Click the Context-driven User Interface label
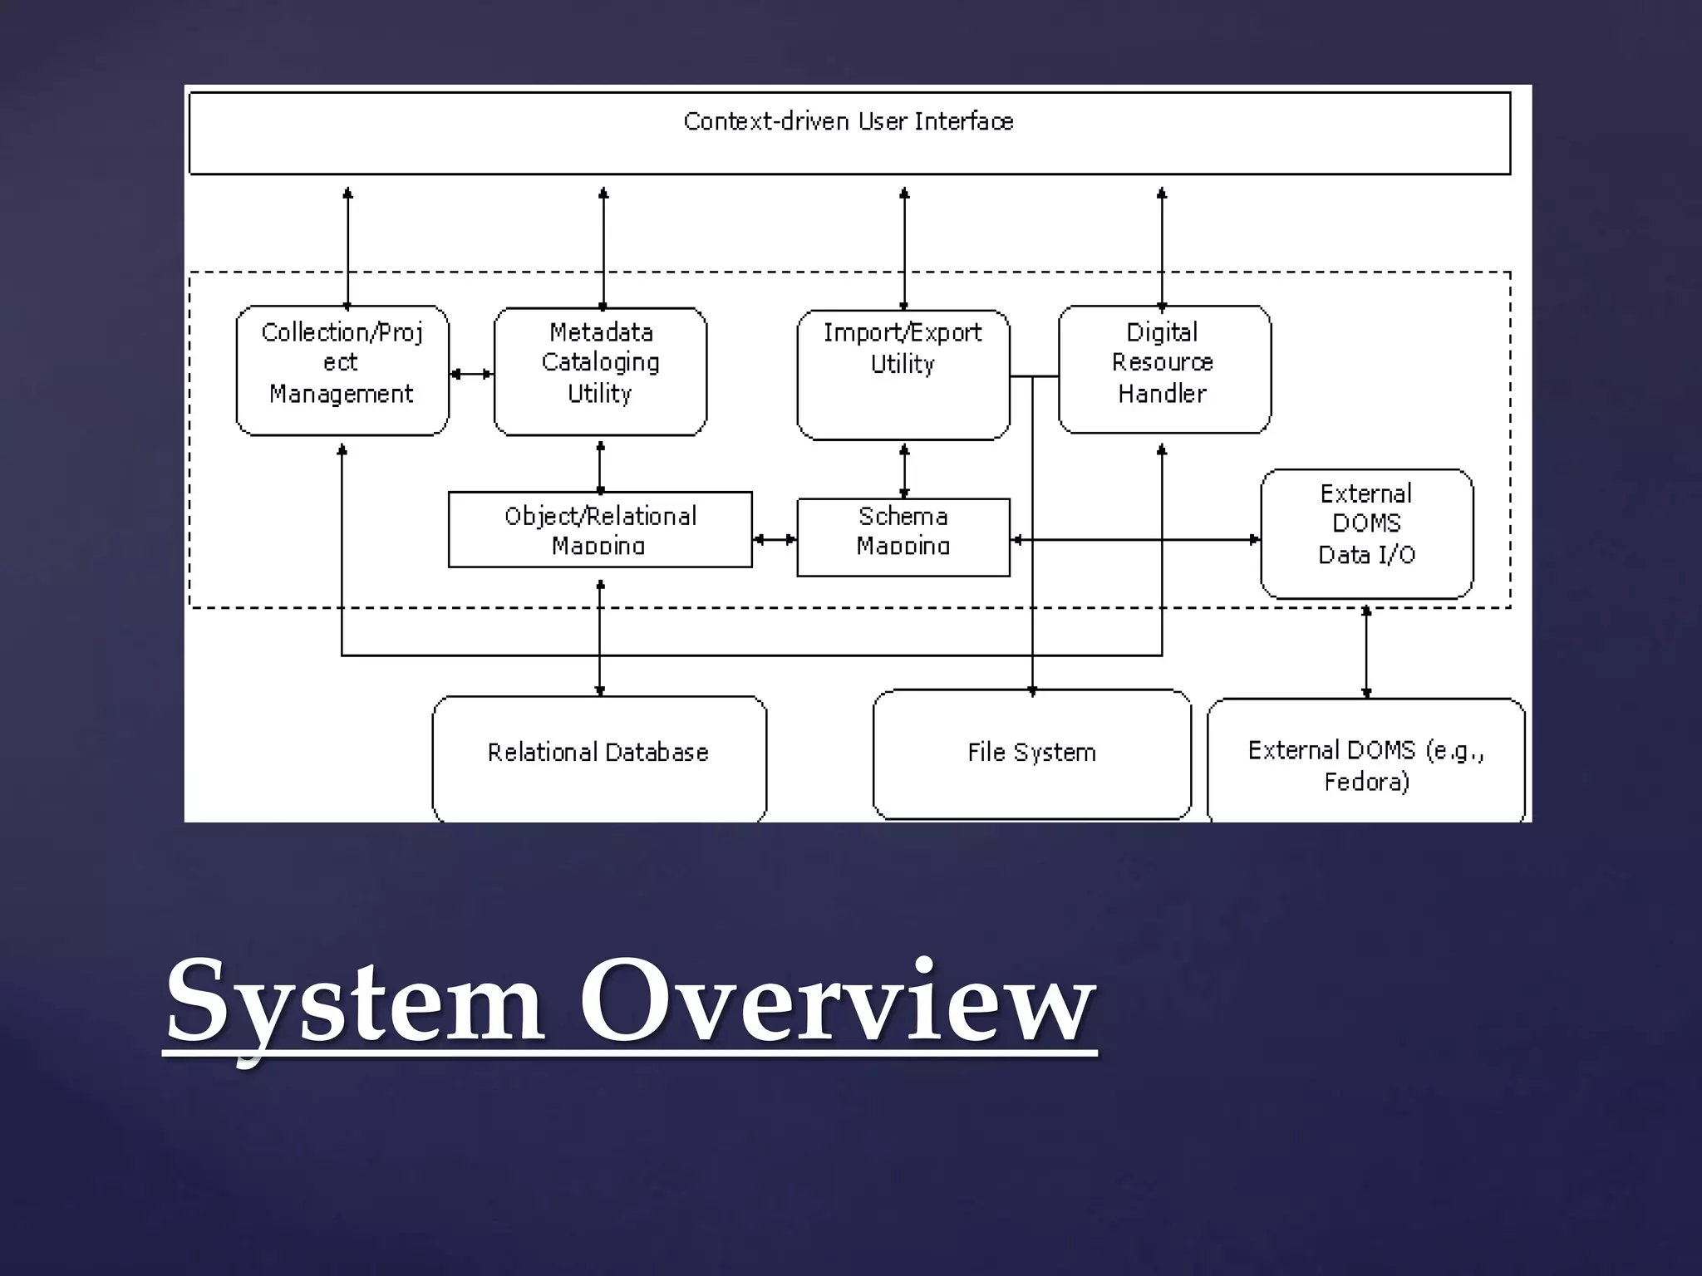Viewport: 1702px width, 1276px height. coord(849,122)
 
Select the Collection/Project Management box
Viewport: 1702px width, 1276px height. coord(342,371)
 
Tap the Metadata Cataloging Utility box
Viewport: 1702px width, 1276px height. coord(600,371)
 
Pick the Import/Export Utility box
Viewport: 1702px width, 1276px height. coord(903,374)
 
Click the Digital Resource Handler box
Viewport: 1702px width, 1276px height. coord(1163,369)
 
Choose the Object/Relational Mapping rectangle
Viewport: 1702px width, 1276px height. coord(600,529)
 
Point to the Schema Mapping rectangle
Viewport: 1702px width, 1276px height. coord(903,536)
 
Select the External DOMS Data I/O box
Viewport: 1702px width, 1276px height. coord(1366,532)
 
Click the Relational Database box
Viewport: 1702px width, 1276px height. coord(599,757)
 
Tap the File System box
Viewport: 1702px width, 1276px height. coord(1031,753)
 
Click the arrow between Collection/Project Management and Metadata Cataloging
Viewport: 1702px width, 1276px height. coord(471,374)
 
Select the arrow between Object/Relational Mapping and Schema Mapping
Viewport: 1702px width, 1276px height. coord(775,540)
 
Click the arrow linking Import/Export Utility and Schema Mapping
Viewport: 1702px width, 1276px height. coord(904,471)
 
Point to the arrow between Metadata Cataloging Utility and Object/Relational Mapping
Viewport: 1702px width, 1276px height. coord(600,467)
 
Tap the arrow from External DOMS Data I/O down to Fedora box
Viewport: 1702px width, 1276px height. coord(1366,652)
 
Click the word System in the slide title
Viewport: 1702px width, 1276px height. coord(355,1002)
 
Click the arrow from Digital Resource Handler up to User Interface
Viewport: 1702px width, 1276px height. coord(1162,247)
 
